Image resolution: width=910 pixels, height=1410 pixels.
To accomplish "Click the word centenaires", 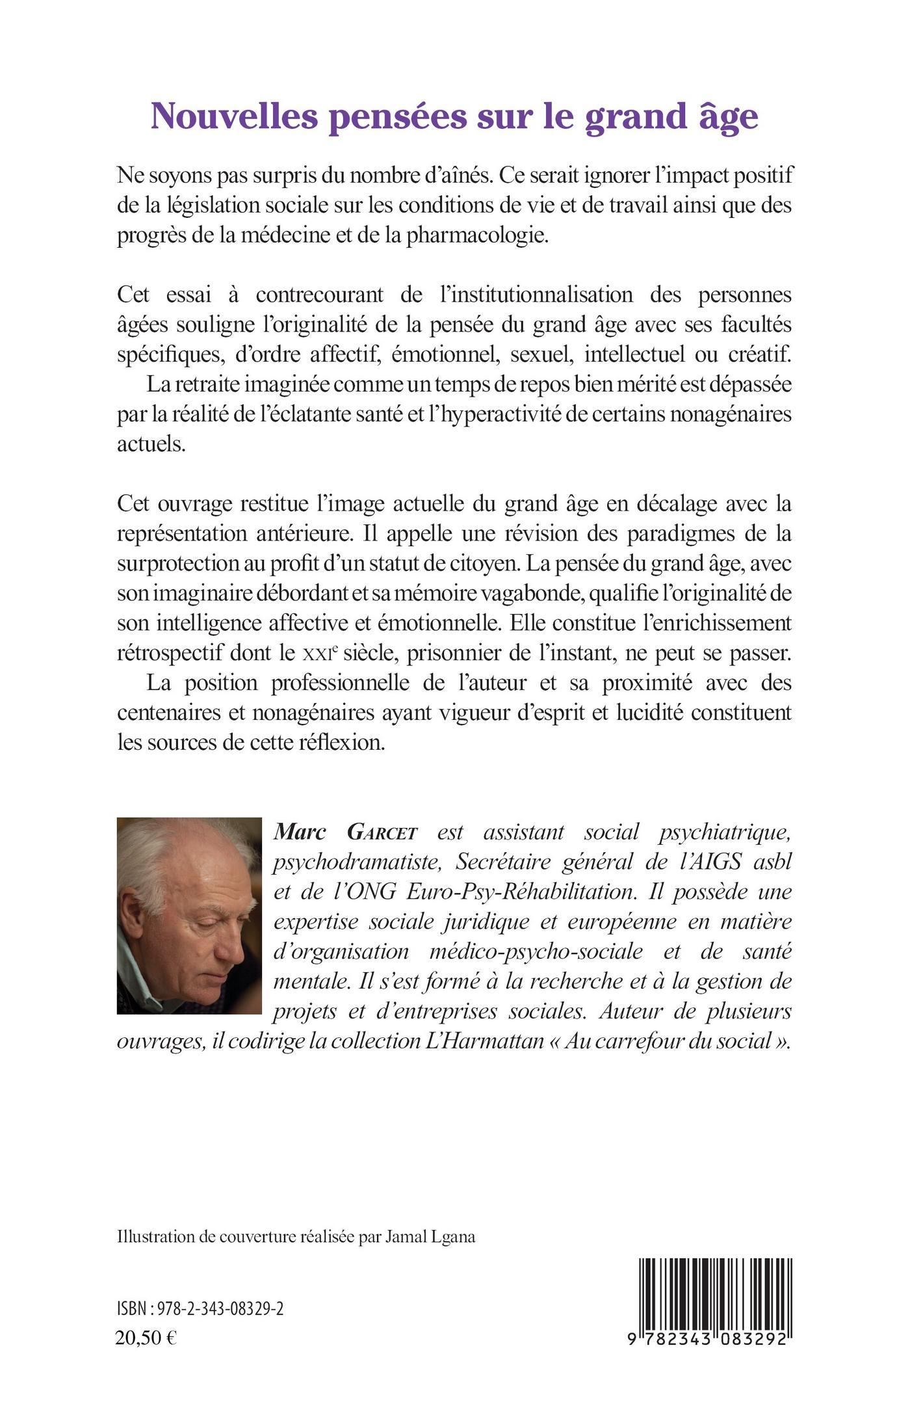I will pos(168,713).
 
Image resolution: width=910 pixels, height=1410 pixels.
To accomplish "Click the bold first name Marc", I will pos(303,832).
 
